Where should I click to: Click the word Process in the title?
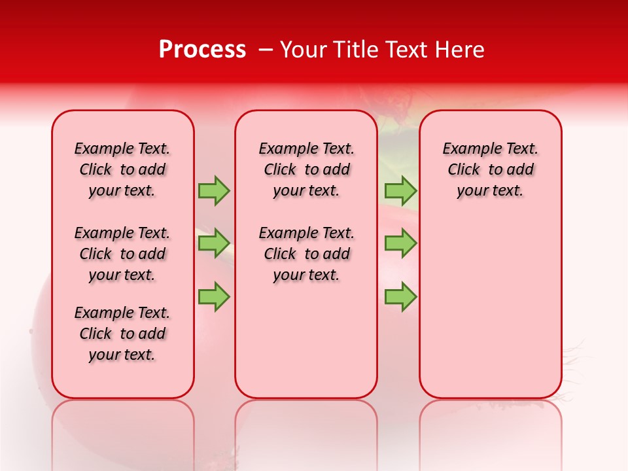[x=202, y=50]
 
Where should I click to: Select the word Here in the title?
[x=461, y=50]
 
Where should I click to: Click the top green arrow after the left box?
[x=214, y=190]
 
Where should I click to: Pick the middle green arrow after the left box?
[x=214, y=243]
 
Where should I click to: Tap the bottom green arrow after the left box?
[x=214, y=296]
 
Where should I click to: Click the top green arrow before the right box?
[x=400, y=190]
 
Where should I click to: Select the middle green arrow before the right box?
[x=400, y=243]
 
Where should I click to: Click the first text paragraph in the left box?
[x=122, y=169]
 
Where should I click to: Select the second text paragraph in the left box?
[x=122, y=254]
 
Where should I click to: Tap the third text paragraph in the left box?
[x=122, y=334]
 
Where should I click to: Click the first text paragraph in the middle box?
[x=306, y=169]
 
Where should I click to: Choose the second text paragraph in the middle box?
[x=306, y=254]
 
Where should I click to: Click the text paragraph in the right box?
[x=490, y=169]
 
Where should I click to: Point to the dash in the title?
[x=266, y=50]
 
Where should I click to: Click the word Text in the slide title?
[x=411, y=50]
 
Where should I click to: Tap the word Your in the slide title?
[x=304, y=50]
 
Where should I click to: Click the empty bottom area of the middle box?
[x=306, y=347]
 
